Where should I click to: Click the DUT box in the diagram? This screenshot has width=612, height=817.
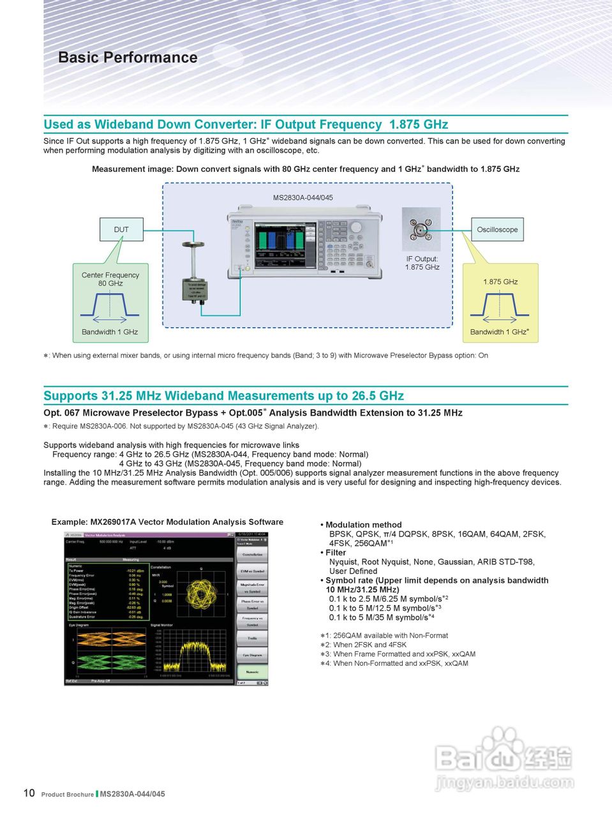coord(121,230)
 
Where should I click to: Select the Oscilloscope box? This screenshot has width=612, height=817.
coord(497,230)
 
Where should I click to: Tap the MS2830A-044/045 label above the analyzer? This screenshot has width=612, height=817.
coord(302,198)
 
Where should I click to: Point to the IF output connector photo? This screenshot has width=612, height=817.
coord(421,229)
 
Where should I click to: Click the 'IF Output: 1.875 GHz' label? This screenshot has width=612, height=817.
coord(422,263)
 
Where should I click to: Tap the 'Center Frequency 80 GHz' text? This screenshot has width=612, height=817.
coord(110,279)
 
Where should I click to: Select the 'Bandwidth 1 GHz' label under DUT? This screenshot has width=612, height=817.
coord(110,332)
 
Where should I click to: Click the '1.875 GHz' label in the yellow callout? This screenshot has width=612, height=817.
coord(500,281)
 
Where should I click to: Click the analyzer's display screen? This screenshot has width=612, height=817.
coord(285,245)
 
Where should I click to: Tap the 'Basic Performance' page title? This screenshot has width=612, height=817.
coord(128,57)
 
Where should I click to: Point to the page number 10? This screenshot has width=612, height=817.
coord(29,793)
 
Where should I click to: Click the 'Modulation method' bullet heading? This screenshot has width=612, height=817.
coord(363,525)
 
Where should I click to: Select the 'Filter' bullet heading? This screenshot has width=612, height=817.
coord(336,553)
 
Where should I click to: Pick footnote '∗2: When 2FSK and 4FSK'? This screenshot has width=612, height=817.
coord(363,645)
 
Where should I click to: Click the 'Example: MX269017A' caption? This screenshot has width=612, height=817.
coord(167,522)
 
